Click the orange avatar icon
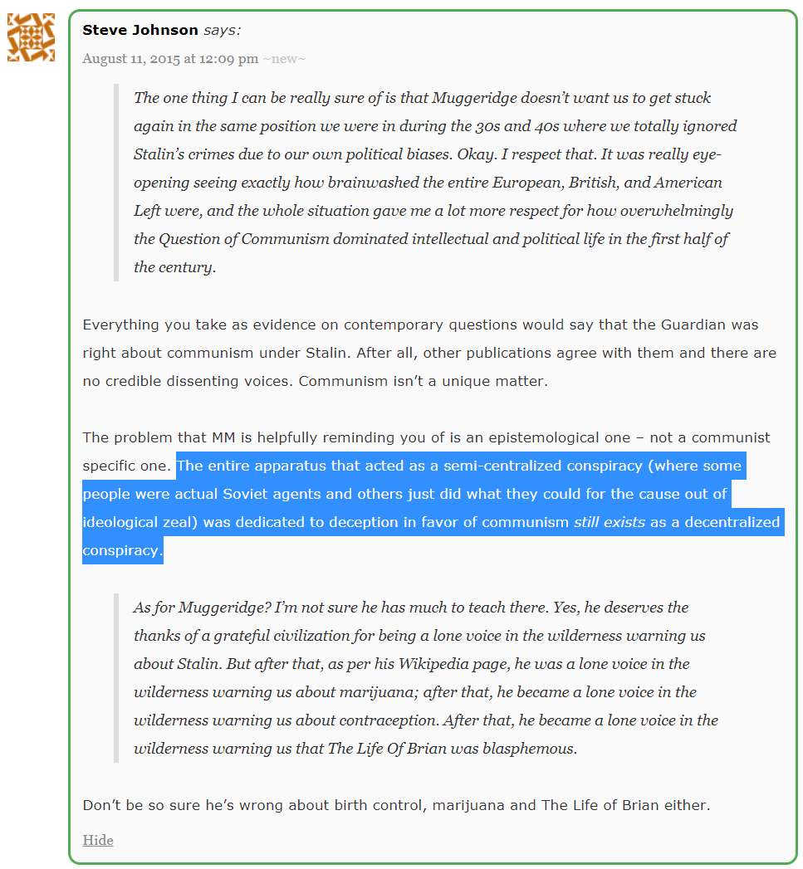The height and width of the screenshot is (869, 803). tap(32, 37)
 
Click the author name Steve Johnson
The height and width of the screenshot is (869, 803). tap(140, 30)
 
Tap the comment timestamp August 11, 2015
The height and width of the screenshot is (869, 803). tap(170, 59)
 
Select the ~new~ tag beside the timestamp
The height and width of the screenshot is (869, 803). tap(284, 59)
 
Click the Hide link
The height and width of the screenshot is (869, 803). tap(97, 840)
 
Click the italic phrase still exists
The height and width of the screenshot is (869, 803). tap(610, 522)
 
